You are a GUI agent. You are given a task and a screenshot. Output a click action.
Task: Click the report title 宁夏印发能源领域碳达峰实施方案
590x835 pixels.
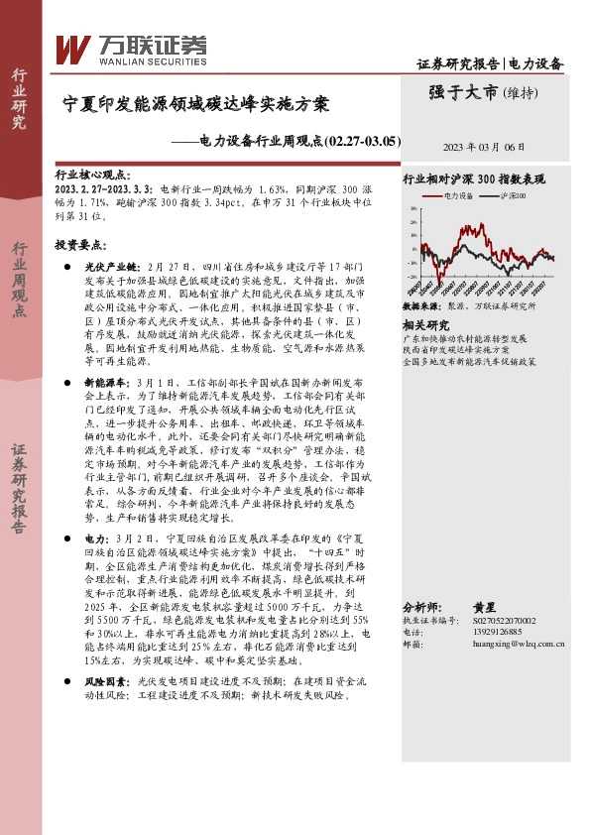click(195, 103)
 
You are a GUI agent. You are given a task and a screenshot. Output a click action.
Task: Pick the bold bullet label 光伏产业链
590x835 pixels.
click(104, 268)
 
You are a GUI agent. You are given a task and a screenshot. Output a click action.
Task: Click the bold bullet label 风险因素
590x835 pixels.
click(100, 682)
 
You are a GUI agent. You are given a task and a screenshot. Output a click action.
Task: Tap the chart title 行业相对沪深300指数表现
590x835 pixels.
click(473, 180)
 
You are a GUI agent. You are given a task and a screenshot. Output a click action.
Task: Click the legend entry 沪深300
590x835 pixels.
click(515, 197)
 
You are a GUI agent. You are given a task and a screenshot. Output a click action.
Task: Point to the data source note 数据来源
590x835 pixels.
click(416, 308)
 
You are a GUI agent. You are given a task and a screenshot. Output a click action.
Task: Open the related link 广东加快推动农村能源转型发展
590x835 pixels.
click(470, 338)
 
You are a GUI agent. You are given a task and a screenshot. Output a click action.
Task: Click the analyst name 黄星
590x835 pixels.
click(483, 606)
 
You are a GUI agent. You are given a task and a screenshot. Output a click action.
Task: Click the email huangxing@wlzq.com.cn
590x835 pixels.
click(519, 644)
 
